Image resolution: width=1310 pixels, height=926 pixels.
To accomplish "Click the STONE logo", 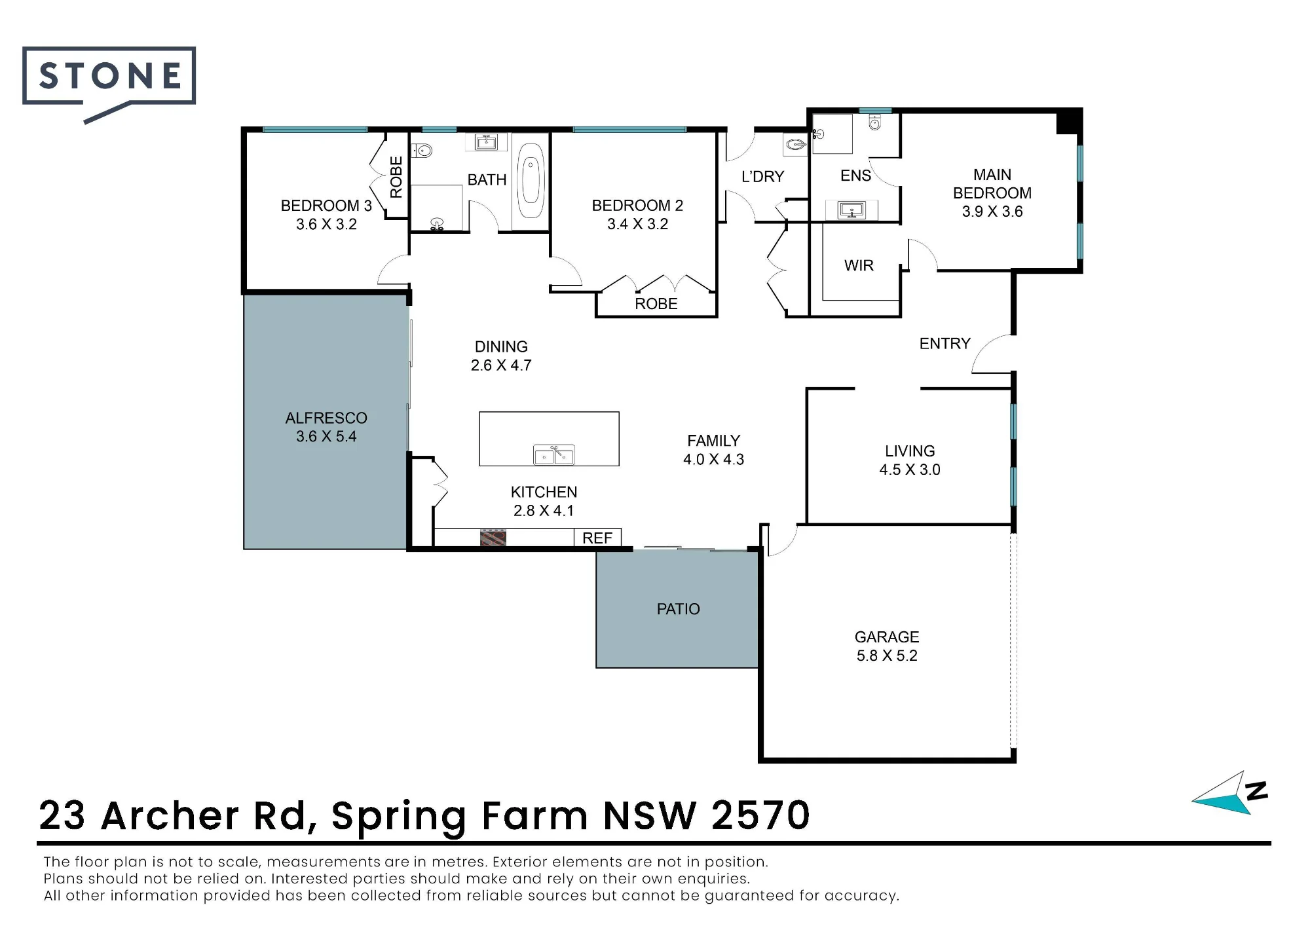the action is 109,83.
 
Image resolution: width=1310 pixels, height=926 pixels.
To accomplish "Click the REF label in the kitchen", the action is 597,538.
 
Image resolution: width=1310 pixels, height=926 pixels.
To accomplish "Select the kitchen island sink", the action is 554,454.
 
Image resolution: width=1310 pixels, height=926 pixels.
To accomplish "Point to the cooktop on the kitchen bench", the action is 493,538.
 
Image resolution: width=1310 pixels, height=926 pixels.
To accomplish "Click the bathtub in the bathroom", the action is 531,181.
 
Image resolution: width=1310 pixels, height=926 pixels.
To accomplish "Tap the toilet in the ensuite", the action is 875,122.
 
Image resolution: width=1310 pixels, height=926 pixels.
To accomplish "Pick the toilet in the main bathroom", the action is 422,151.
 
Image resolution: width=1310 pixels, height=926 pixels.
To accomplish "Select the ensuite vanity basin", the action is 852,210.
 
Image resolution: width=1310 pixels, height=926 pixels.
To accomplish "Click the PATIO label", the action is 678,609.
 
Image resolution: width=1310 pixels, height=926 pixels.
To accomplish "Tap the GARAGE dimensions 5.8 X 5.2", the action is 887,656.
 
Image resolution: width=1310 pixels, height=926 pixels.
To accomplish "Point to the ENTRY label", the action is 945,344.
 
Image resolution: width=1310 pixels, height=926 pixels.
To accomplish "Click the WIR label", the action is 859,265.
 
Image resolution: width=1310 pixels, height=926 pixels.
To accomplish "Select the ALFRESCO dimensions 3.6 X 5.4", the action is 326,436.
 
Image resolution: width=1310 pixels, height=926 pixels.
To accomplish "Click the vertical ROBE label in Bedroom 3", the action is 396,177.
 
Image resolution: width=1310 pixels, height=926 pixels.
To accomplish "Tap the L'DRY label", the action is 762,177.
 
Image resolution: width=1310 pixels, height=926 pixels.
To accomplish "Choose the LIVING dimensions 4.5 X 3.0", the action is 910,470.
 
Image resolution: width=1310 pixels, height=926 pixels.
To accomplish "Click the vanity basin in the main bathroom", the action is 486,142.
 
